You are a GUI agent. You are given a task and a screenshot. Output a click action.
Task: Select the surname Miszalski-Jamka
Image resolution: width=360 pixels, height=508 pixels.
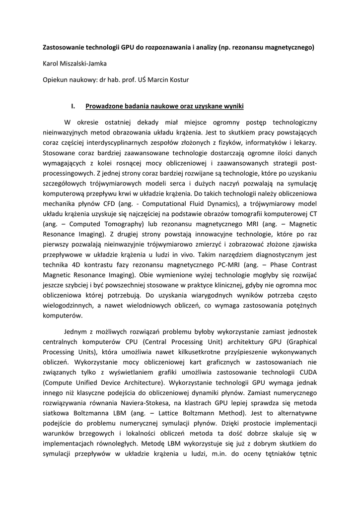[84, 63]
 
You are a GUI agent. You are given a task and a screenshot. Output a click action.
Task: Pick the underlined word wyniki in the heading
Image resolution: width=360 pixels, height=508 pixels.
[232, 106]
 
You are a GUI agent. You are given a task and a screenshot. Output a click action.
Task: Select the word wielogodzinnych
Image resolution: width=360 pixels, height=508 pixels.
[68, 304]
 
